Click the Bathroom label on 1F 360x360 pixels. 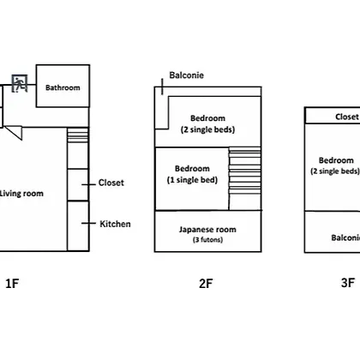point(63,87)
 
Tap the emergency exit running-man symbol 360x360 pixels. point(20,84)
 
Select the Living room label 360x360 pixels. point(21,194)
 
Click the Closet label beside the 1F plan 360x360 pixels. point(111,183)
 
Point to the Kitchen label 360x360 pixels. point(115,224)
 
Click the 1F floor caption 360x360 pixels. point(12,284)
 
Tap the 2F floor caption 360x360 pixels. point(206,284)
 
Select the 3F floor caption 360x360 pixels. point(348,283)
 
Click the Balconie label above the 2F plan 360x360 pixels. point(187,75)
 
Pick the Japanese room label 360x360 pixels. point(207,230)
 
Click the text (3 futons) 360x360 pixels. point(207,239)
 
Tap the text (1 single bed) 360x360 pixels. point(192,180)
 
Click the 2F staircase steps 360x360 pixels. point(245,171)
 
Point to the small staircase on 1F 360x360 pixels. point(78,135)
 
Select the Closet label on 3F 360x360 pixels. point(347,117)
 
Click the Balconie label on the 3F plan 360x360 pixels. point(345,237)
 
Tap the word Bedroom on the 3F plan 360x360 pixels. point(336,160)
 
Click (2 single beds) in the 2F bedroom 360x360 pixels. point(207,129)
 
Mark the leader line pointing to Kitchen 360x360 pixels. point(88,224)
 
